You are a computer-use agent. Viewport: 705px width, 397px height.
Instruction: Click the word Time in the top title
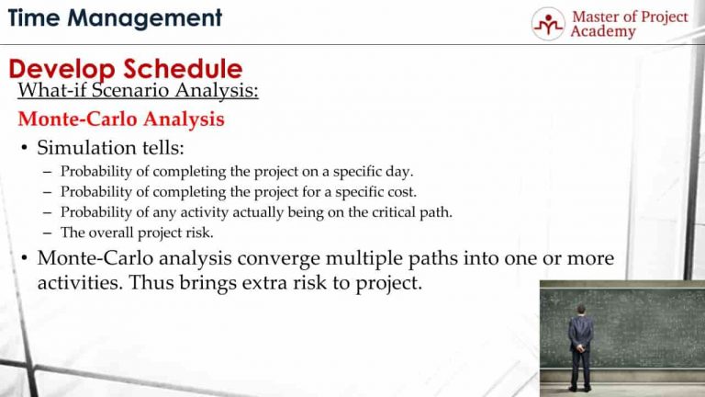coord(37,17)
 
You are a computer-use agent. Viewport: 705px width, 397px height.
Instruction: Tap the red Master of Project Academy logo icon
coord(548,23)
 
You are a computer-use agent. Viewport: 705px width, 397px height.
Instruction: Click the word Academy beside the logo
coord(602,32)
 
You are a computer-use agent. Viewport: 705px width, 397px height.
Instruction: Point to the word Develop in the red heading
coord(63,69)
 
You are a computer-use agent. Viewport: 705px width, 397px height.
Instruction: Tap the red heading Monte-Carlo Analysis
coord(121,119)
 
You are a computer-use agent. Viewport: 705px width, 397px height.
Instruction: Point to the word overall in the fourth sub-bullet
coord(109,233)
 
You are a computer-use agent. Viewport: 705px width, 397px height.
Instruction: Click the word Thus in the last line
coord(150,283)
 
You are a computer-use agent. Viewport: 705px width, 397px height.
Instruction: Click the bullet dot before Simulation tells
coord(23,149)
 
